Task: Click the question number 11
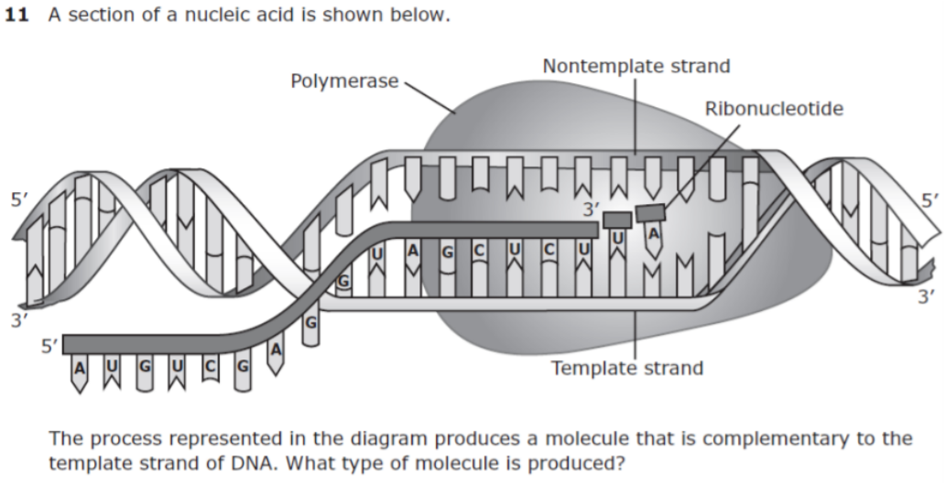[16, 15]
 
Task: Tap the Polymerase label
[344, 80]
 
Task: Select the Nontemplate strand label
[636, 66]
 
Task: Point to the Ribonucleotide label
[774, 109]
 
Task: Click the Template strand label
[627, 368]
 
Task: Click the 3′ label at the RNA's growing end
[592, 209]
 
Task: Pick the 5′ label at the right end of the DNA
[930, 201]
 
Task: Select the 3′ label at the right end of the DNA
[926, 296]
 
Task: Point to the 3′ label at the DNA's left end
[18, 321]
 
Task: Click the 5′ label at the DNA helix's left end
[18, 200]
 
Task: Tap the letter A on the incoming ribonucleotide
[654, 233]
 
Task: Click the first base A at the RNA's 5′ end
[79, 367]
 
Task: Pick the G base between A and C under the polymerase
[448, 252]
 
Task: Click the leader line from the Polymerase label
[429, 97]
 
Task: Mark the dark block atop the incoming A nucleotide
[650, 213]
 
